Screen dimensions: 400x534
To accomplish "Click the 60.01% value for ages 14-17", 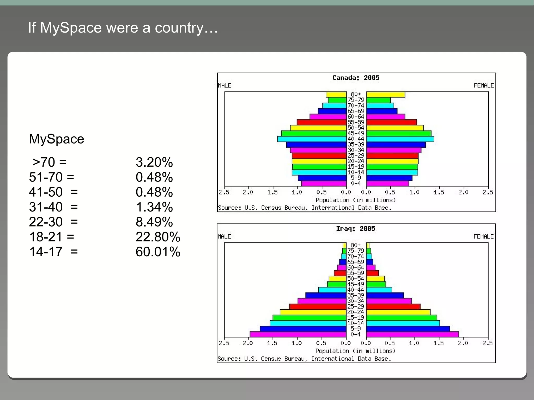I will (158, 252).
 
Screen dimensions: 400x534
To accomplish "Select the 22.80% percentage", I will (158, 237).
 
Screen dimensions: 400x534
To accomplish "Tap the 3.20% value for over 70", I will (154, 162).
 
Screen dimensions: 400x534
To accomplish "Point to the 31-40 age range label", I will (46, 207).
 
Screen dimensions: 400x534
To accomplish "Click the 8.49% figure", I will (154, 222).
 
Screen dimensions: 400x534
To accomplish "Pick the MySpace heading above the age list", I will (56, 139).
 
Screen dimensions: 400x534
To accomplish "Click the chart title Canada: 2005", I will (356, 78).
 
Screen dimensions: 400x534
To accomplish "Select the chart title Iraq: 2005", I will (355, 229).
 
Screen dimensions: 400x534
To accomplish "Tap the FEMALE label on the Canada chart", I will (484, 85).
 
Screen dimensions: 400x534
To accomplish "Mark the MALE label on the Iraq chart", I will (224, 236).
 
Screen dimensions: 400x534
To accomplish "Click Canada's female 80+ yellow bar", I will (386, 95).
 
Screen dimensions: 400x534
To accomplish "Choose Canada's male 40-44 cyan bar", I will (312, 139).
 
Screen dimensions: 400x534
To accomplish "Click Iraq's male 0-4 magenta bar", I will (298, 334).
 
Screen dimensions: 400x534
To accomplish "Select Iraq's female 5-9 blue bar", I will (408, 329).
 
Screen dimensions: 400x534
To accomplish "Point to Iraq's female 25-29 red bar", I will (393, 307).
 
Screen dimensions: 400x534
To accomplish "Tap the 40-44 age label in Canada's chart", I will (356, 139).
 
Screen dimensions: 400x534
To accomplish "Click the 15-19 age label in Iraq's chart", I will (355, 318).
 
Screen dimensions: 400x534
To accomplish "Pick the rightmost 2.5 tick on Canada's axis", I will (488, 192).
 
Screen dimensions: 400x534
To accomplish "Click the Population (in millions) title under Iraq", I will (355, 351).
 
